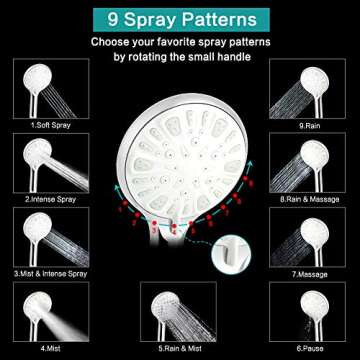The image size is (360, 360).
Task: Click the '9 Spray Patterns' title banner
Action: [x=180, y=17]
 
